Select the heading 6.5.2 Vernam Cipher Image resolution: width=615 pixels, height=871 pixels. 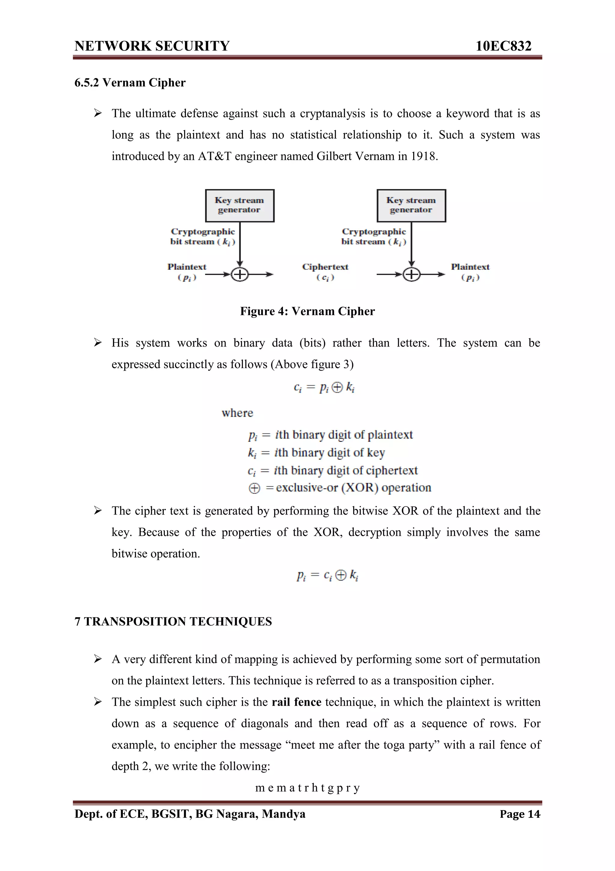tap(130, 83)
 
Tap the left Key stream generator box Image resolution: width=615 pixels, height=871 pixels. tap(239, 205)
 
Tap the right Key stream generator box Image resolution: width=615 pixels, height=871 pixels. tap(411, 205)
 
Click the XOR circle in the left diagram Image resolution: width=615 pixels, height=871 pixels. tap(239, 274)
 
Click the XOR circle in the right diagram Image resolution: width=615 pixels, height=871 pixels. tap(411, 274)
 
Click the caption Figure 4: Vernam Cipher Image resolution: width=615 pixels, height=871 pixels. tap(307, 311)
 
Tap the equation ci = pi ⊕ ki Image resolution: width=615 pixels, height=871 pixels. tap(324, 387)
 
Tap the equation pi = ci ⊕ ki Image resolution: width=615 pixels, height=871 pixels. tap(327, 576)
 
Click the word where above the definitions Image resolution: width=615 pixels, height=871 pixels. tap(237, 413)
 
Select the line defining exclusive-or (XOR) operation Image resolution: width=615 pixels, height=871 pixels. tap(340, 488)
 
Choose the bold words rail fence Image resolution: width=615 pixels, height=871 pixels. tap(296, 702)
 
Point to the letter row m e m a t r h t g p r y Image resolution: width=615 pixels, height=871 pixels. tap(307, 788)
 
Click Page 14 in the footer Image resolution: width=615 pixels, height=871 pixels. tap(520, 814)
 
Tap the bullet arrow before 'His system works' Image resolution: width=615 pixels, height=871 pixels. tap(98, 343)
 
